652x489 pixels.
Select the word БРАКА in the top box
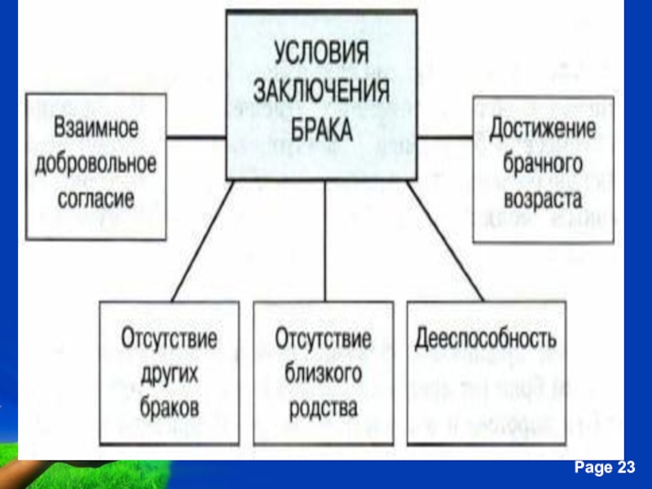[x=320, y=128]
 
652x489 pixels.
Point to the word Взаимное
[x=96, y=129]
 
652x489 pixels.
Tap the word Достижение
[x=542, y=129]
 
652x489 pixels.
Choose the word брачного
[x=542, y=163]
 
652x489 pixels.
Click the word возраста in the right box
[x=542, y=197]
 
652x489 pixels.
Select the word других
[x=170, y=374]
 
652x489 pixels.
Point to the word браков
[x=170, y=408]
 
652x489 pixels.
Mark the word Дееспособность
[x=486, y=338]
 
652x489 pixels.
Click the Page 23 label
[x=604, y=467]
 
